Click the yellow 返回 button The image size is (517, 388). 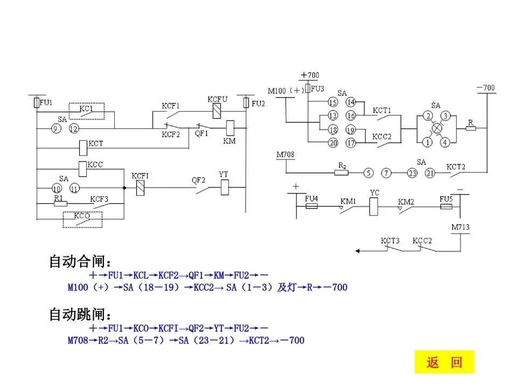[x=445, y=362]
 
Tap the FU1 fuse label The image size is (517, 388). [x=46, y=102]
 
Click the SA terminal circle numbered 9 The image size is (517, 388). [x=55, y=128]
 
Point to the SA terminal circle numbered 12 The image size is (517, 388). [x=73, y=128]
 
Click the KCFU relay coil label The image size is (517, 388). [x=218, y=99]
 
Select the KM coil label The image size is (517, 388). [x=229, y=141]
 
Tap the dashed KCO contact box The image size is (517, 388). [x=82, y=219]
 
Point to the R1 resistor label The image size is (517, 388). [x=59, y=198]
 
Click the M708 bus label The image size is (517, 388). [x=285, y=155]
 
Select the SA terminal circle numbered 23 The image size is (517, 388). [x=412, y=173]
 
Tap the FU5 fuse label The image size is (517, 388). [x=445, y=199]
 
